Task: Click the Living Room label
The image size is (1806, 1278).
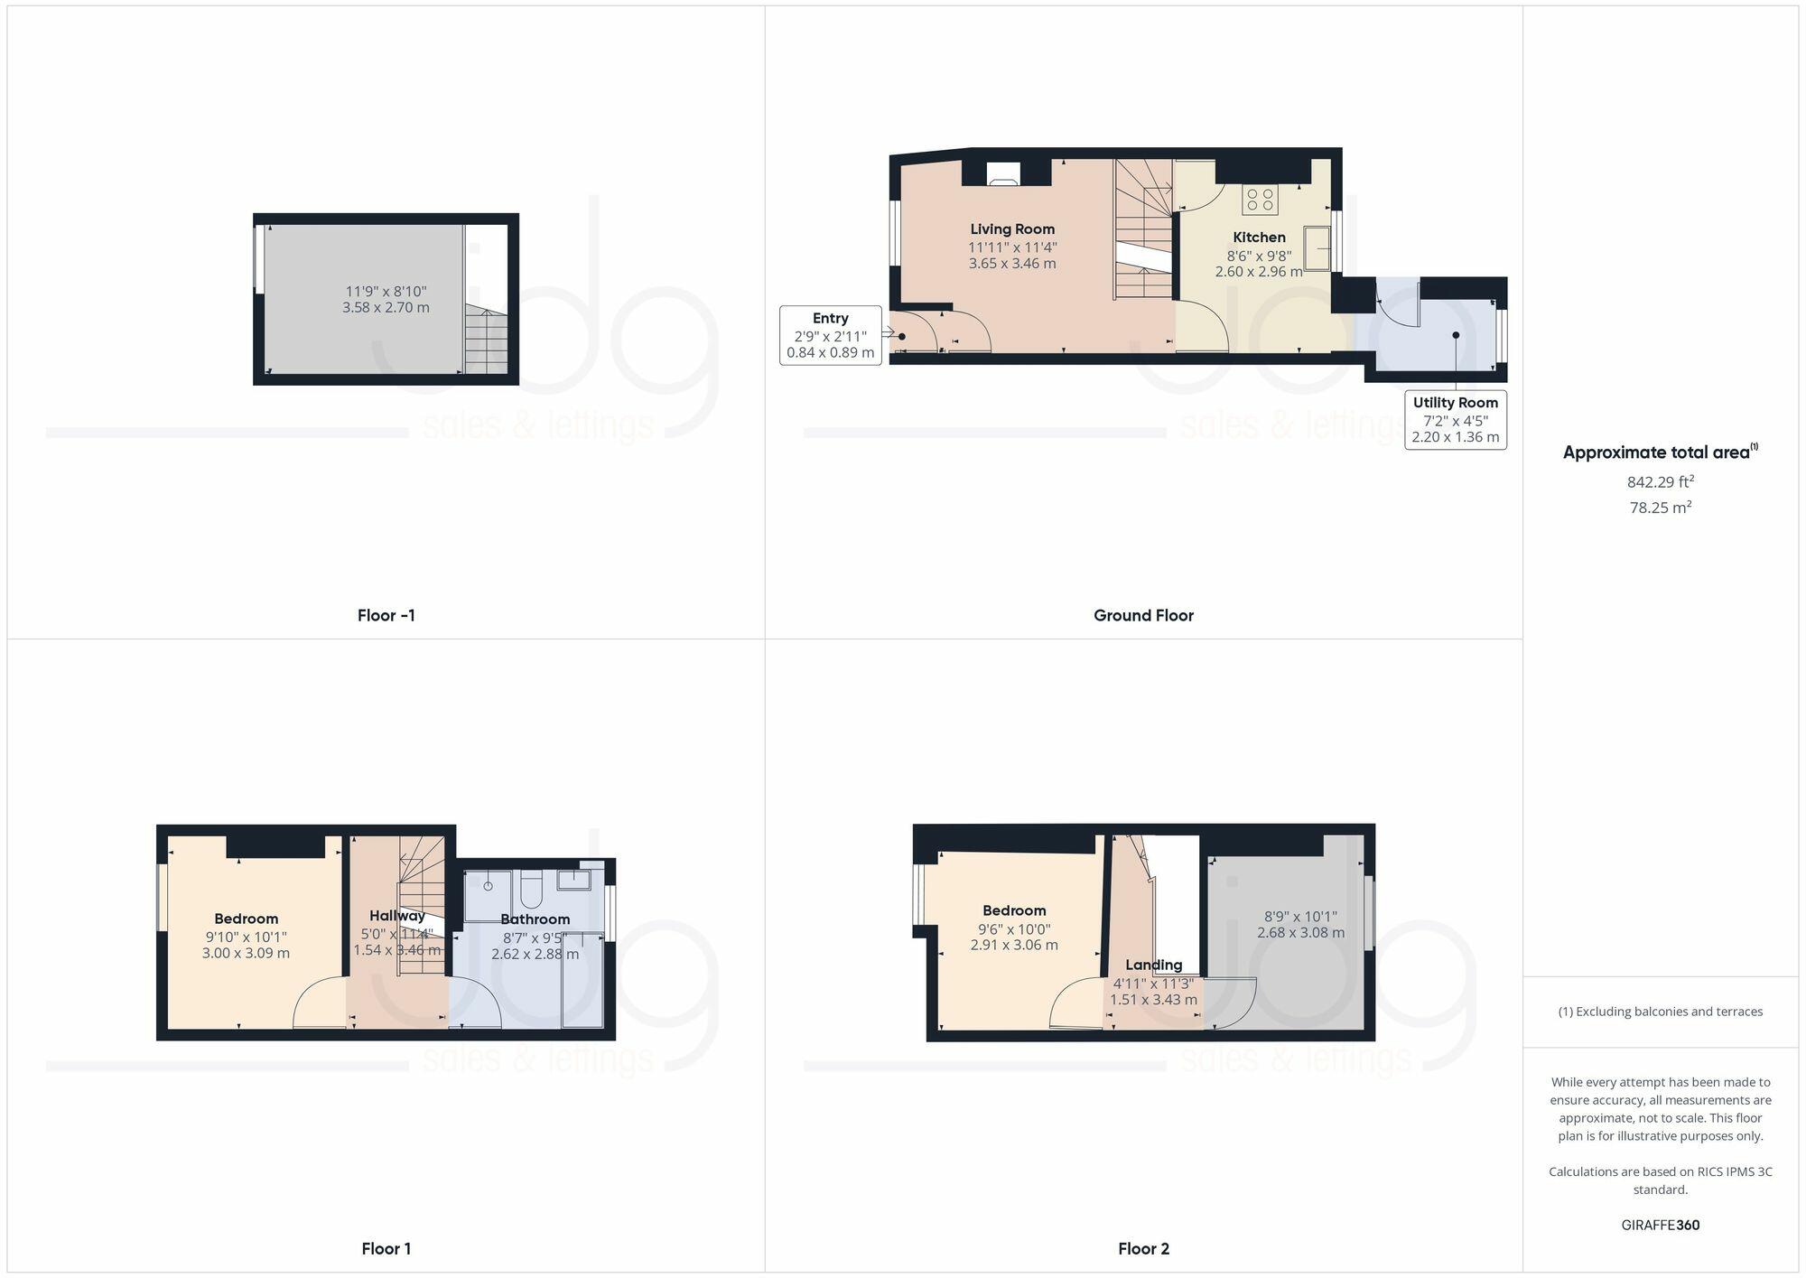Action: point(1012,229)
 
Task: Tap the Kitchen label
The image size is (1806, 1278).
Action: point(1259,238)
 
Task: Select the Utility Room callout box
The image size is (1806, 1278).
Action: point(1455,420)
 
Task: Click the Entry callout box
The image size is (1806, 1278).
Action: point(830,335)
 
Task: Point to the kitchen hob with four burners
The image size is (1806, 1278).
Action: point(1260,200)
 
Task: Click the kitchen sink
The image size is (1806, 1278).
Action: point(1316,247)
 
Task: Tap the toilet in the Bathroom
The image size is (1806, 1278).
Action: point(530,890)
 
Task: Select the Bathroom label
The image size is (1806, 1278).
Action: point(535,919)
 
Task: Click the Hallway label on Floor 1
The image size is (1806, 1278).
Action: point(396,916)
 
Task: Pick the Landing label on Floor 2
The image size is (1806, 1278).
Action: point(1153,965)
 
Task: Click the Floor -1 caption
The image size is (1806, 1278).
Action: point(386,616)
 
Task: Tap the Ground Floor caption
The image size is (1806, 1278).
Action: point(1143,616)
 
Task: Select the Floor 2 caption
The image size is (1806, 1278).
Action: point(1143,1249)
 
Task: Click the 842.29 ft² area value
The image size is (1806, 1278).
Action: point(1660,482)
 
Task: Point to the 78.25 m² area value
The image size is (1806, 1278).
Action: point(1660,508)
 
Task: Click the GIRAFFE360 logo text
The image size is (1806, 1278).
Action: point(1660,1226)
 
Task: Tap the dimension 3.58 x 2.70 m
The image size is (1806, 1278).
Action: point(386,308)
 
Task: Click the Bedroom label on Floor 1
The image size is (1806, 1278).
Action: point(246,919)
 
